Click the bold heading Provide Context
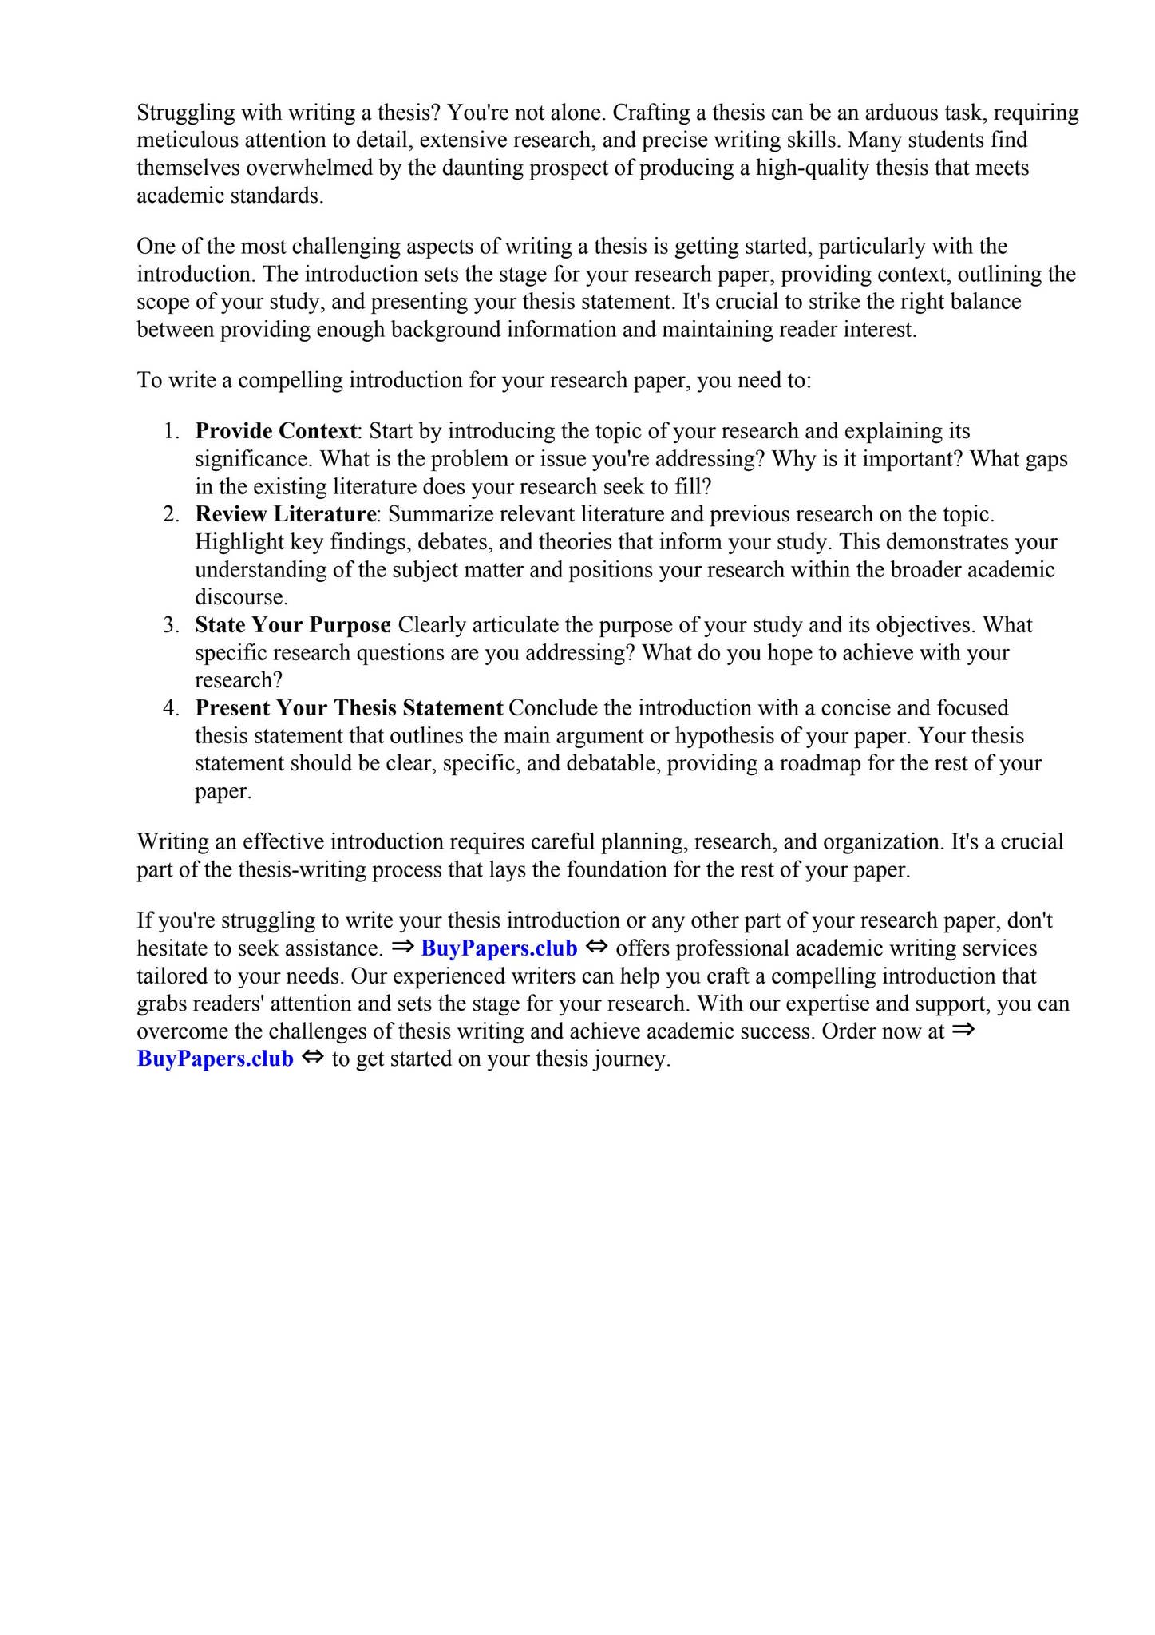[x=276, y=431]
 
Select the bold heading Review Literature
[x=285, y=514]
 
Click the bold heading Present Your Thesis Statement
[x=349, y=708]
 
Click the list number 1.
[x=172, y=431]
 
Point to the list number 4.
[x=172, y=708]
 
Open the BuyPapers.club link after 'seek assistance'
[x=499, y=948]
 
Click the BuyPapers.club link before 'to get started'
[x=216, y=1059]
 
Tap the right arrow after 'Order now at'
[x=963, y=1031]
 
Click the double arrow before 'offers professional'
[x=596, y=948]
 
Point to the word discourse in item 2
[x=240, y=597]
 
